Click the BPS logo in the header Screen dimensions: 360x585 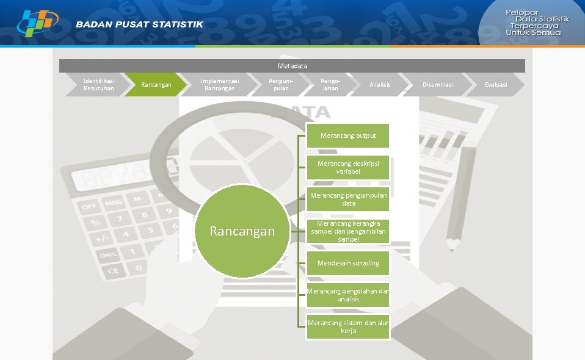(38, 23)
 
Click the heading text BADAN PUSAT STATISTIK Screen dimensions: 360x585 (140, 24)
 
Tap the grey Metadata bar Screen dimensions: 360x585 (292, 66)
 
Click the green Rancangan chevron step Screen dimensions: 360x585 (156, 85)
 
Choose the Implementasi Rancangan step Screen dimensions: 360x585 (220, 85)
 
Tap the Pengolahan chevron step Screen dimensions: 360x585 (330, 85)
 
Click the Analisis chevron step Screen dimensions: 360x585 (380, 85)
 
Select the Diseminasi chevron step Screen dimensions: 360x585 (438, 85)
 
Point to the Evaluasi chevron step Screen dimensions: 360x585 (496, 85)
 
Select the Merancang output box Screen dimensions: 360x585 (348, 135)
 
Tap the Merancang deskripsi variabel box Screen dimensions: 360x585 (348, 168)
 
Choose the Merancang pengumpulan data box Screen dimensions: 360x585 (348, 200)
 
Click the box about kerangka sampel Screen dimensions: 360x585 (348, 231)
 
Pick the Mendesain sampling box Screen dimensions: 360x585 (348, 263)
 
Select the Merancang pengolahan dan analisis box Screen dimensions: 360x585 (348, 295)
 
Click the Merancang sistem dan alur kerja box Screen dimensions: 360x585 (348, 327)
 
